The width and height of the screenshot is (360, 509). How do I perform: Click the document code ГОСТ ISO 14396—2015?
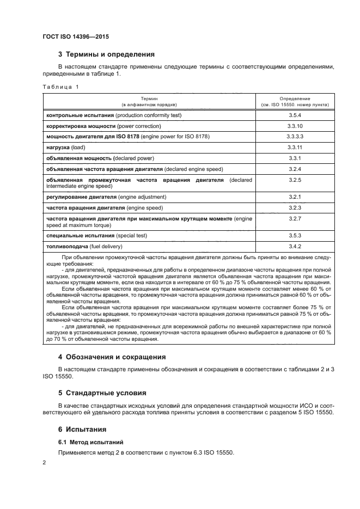(x=79, y=36)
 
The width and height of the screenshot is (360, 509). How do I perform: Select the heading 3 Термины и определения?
(x=106, y=54)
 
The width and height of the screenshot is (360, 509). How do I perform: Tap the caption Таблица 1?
(x=60, y=87)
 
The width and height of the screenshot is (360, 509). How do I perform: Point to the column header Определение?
(x=295, y=98)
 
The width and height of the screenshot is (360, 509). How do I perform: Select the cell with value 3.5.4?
(x=295, y=116)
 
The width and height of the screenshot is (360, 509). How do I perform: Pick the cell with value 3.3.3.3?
(x=295, y=137)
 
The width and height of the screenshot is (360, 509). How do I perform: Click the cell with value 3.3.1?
(x=295, y=158)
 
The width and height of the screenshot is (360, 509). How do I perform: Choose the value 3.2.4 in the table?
(x=295, y=169)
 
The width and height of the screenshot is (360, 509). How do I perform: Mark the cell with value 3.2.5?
(x=295, y=180)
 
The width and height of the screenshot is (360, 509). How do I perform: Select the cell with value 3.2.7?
(x=295, y=218)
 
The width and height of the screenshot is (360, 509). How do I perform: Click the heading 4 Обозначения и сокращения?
(x=112, y=357)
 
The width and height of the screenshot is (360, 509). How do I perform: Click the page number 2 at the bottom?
(x=44, y=462)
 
